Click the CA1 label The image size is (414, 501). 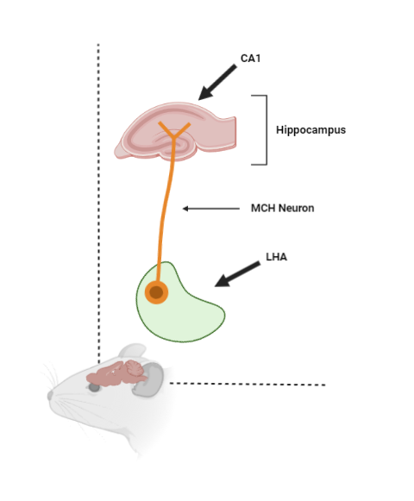click(250, 59)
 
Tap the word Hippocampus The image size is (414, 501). click(310, 130)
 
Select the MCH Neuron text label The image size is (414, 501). click(282, 209)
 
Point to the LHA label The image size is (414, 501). click(276, 257)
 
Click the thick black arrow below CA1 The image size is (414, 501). click(217, 82)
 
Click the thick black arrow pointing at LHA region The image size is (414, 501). click(237, 274)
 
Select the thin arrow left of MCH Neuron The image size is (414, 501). click(211, 209)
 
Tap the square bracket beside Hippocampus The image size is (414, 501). click(267, 130)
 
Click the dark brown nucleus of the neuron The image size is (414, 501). click(156, 292)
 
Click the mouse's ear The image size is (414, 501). click(132, 352)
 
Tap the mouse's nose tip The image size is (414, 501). click(50, 395)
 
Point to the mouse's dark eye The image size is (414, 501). click(94, 387)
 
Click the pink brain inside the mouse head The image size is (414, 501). click(116, 373)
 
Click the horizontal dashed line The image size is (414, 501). click(248, 384)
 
